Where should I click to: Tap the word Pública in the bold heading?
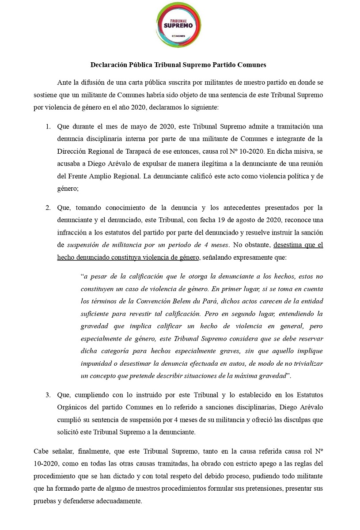140,64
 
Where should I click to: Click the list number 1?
48,126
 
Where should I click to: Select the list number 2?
48,208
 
